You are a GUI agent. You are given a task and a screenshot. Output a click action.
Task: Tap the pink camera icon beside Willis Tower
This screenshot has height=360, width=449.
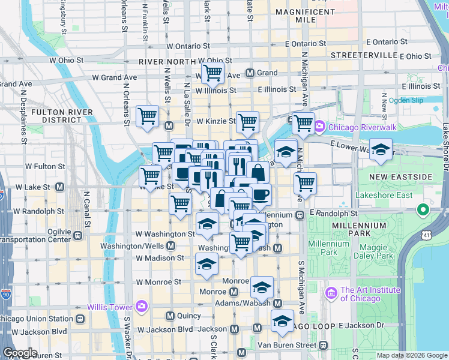point(142,306)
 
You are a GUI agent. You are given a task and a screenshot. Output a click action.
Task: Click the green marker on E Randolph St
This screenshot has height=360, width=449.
point(423,211)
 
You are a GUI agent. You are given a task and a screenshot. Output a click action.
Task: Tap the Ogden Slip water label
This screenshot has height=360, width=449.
point(406,100)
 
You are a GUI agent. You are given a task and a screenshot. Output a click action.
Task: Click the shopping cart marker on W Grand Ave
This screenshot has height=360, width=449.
point(212,73)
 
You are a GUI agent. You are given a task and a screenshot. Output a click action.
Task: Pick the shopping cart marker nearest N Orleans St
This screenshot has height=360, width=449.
point(147,116)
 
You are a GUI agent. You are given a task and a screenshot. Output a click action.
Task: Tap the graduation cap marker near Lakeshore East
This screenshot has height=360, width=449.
point(380,150)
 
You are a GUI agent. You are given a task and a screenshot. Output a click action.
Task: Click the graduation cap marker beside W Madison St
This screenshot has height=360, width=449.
point(206,264)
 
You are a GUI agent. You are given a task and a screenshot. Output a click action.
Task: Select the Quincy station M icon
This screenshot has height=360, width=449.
point(170,316)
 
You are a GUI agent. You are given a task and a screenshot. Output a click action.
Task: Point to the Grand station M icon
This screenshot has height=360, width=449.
point(250,73)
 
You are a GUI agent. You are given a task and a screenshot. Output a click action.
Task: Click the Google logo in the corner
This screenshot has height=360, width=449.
point(20,353)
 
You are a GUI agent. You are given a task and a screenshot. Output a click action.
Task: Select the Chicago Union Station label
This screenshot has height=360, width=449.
point(35,319)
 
